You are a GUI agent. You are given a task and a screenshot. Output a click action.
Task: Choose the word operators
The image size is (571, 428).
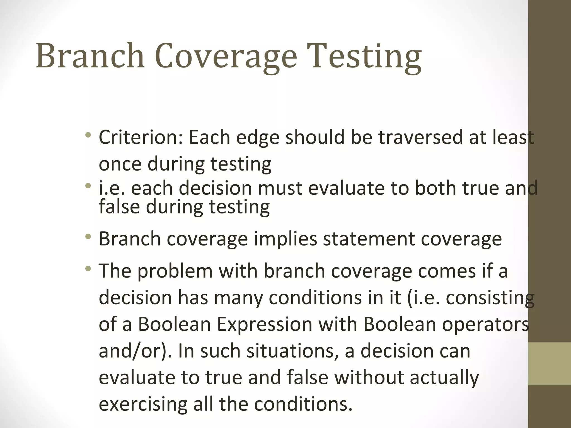[485, 324]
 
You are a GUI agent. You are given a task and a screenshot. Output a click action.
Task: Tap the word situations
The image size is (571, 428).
[290, 351]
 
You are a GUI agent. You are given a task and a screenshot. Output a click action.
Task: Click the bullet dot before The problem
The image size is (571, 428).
[88, 269]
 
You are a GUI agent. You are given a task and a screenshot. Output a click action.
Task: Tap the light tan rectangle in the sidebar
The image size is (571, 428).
[550, 364]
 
